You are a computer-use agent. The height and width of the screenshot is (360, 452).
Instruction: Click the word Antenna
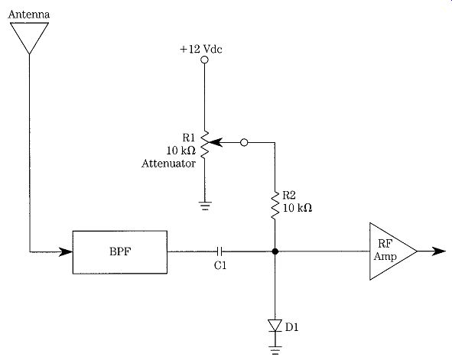[x=29, y=15]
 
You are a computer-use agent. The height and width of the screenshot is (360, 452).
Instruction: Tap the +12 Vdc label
[x=201, y=49]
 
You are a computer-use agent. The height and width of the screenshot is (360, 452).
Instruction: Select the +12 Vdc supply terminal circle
[x=204, y=60]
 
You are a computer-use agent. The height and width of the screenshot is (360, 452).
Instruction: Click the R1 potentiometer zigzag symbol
[x=204, y=144]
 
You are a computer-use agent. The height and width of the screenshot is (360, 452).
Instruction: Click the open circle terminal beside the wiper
[x=244, y=142]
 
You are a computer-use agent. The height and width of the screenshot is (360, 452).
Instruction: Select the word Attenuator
[x=168, y=164]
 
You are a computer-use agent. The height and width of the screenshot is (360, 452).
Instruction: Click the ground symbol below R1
[x=205, y=206]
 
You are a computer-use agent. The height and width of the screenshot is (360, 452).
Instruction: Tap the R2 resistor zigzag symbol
[x=275, y=206]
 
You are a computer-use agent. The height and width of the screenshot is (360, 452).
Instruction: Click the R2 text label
[x=289, y=195]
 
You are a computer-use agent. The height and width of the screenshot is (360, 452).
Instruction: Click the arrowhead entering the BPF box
[x=66, y=251]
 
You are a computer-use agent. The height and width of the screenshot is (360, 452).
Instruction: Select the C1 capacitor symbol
[x=219, y=251]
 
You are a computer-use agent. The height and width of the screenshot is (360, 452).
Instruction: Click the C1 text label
[x=220, y=265]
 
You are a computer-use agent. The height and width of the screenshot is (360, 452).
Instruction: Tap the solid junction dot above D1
[x=275, y=251]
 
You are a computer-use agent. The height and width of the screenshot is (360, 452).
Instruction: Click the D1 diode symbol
[x=275, y=326]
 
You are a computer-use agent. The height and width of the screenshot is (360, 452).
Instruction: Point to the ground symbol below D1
[x=275, y=349]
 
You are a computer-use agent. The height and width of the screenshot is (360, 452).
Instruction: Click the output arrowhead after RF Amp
[x=439, y=251]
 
